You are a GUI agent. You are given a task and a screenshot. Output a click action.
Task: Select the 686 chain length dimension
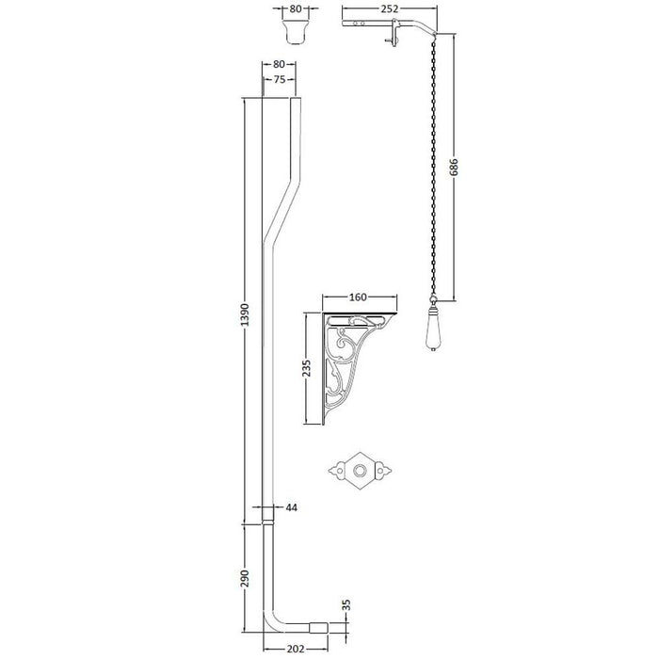pyautogui.click(x=455, y=165)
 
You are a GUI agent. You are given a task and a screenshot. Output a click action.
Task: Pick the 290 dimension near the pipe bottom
pyautogui.click(x=245, y=576)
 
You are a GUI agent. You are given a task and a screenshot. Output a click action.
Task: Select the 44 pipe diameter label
pyautogui.click(x=291, y=508)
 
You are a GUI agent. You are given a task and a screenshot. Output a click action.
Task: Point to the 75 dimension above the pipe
pyautogui.click(x=279, y=80)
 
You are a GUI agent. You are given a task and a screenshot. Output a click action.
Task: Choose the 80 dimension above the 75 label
pyautogui.click(x=279, y=64)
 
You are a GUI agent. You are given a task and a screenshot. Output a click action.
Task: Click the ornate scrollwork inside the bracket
pyautogui.click(x=347, y=362)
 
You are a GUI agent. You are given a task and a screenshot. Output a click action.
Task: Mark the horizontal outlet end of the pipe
pyautogui.click(x=317, y=625)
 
